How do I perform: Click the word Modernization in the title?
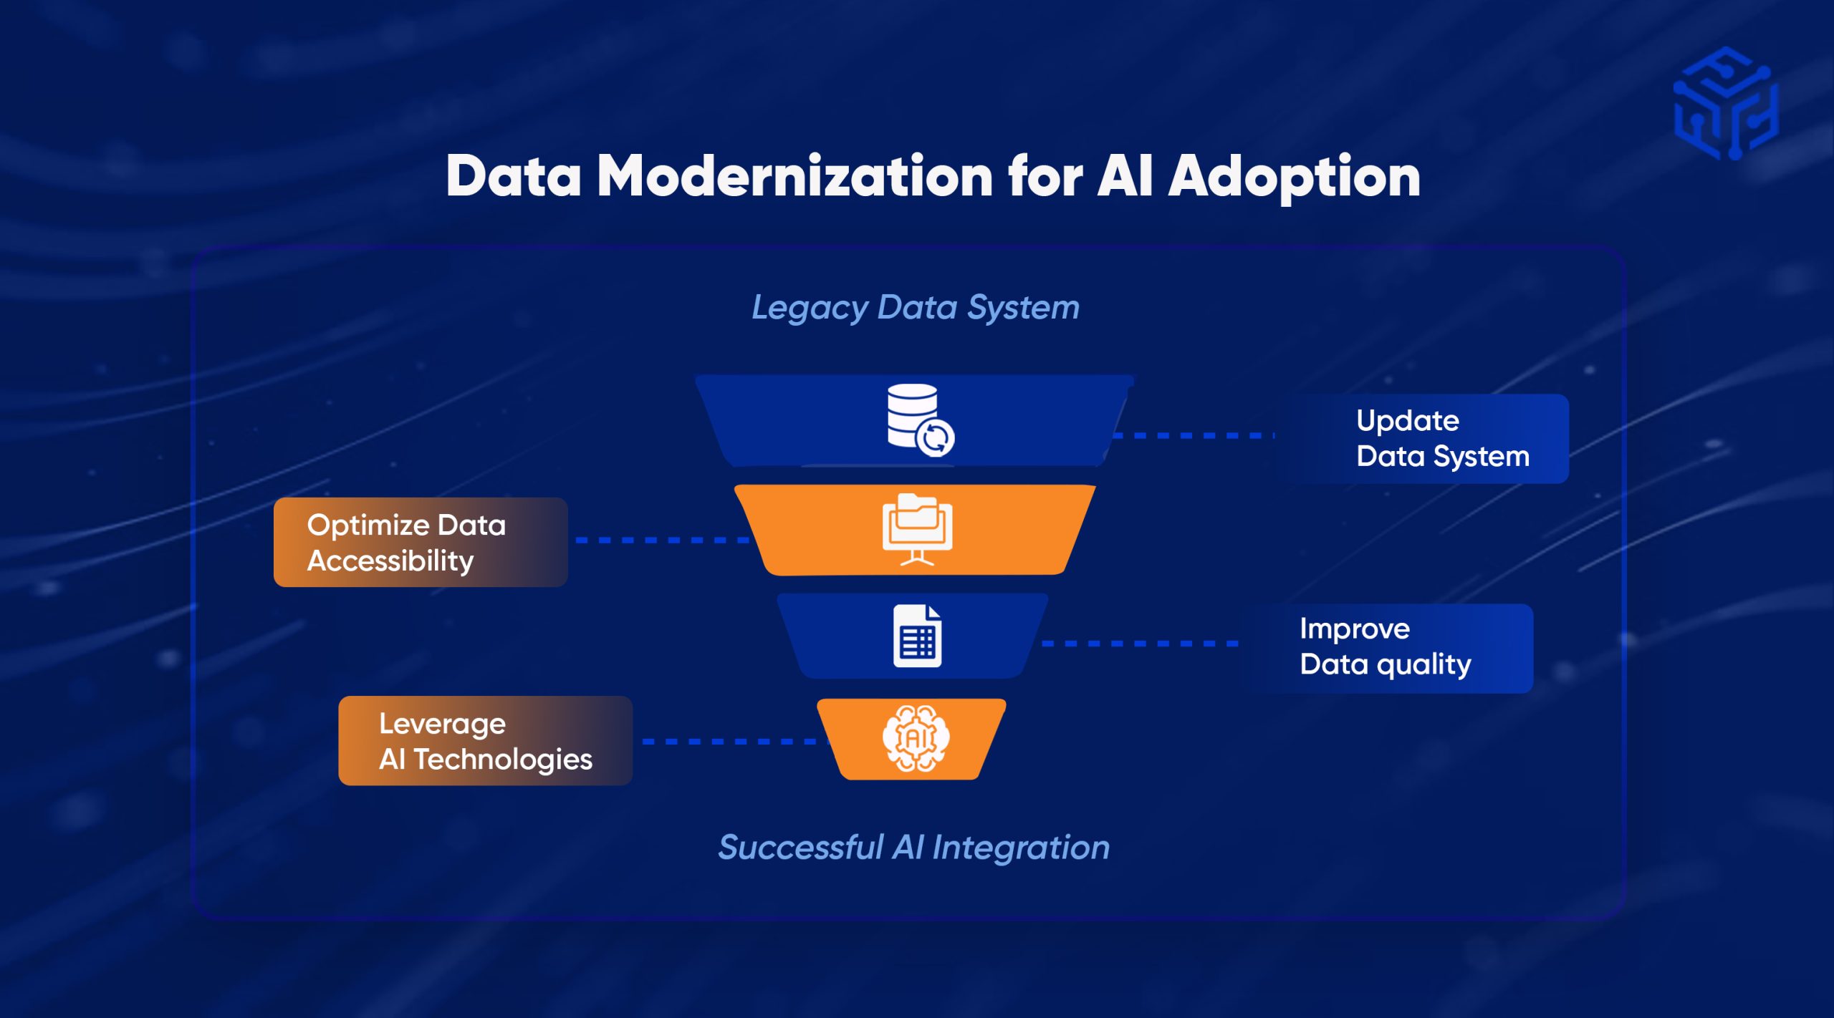point(794,177)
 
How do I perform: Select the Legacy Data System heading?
point(915,308)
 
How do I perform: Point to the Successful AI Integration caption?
point(913,848)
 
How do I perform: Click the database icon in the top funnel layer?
point(913,417)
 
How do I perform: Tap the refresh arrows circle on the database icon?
point(936,437)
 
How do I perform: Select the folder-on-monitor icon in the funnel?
point(917,529)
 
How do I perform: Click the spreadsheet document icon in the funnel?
point(917,636)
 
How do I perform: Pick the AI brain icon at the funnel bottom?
point(916,738)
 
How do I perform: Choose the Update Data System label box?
point(1422,438)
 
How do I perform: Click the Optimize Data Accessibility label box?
point(421,542)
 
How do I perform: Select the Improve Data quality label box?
point(1390,647)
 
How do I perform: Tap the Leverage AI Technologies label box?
point(485,740)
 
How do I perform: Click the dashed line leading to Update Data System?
point(1193,435)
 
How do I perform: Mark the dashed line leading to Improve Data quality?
point(1139,644)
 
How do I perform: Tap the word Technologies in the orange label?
point(503,759)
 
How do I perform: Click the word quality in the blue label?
point(1423,665)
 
